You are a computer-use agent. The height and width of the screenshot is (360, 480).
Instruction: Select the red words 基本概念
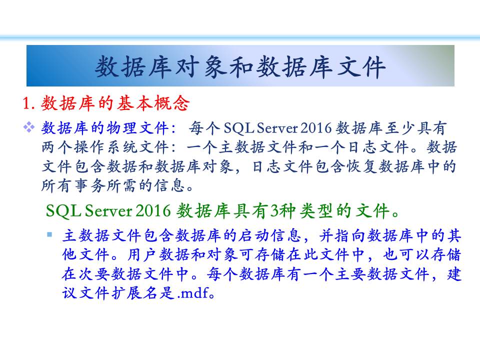(153, 103)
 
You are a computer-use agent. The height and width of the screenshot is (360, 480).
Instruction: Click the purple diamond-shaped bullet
(29, 127)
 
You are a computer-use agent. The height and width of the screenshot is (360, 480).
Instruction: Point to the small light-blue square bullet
(49, 235)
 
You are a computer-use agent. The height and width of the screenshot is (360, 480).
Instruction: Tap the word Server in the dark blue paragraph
(277, 128)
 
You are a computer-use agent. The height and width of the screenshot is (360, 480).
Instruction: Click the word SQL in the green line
(63, 210)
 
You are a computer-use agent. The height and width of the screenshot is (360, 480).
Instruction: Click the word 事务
(89, 185)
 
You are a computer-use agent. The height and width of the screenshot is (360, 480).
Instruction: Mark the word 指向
(350, 235)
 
